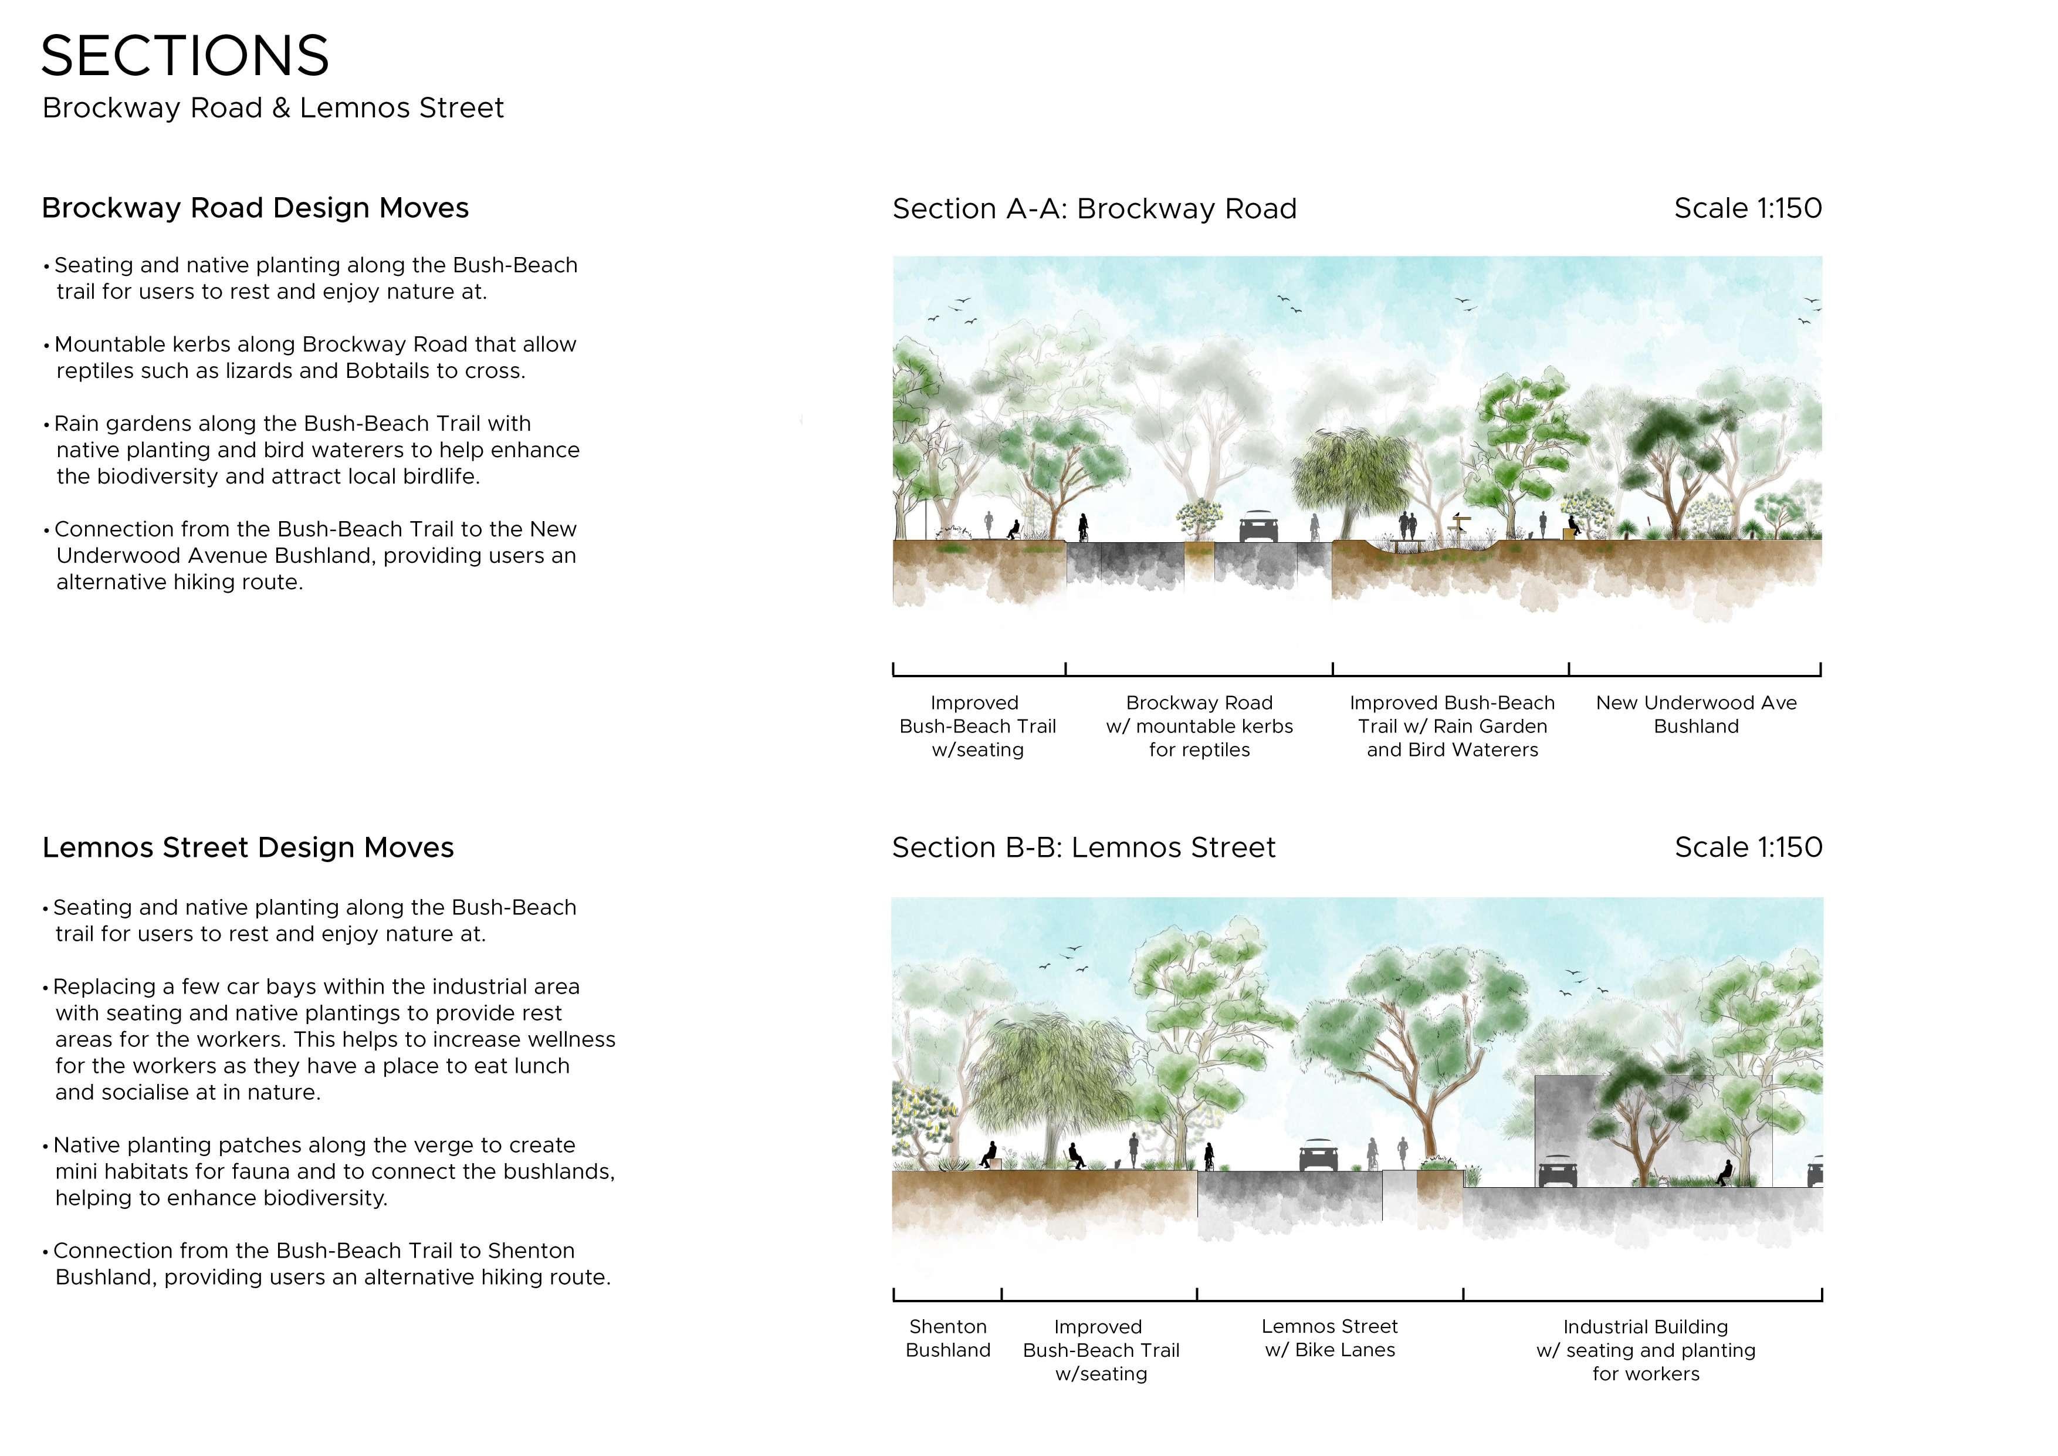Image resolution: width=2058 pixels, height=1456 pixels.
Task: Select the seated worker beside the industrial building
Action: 1723,1173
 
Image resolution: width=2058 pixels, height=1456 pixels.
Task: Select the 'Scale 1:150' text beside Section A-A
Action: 1748,208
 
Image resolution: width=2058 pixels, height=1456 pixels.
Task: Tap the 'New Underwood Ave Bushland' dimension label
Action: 1696,715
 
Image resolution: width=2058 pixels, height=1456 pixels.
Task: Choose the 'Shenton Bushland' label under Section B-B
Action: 947,1339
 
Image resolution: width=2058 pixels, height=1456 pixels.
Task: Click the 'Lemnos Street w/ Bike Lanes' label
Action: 1329,1339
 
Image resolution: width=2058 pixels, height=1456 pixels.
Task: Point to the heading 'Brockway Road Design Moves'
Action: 255,208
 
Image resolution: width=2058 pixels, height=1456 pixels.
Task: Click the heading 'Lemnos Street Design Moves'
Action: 248,847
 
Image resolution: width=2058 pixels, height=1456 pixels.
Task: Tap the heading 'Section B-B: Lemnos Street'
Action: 1084,847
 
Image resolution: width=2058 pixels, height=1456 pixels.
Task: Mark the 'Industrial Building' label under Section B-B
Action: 1646,1327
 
